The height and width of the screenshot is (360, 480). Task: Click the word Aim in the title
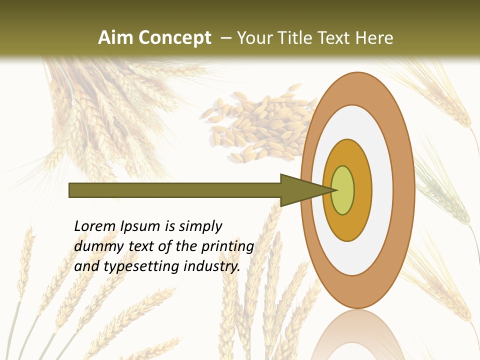116,38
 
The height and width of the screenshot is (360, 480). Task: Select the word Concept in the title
175,38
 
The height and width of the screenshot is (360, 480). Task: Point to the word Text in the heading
335,38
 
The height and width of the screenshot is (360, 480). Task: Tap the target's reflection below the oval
358,335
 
